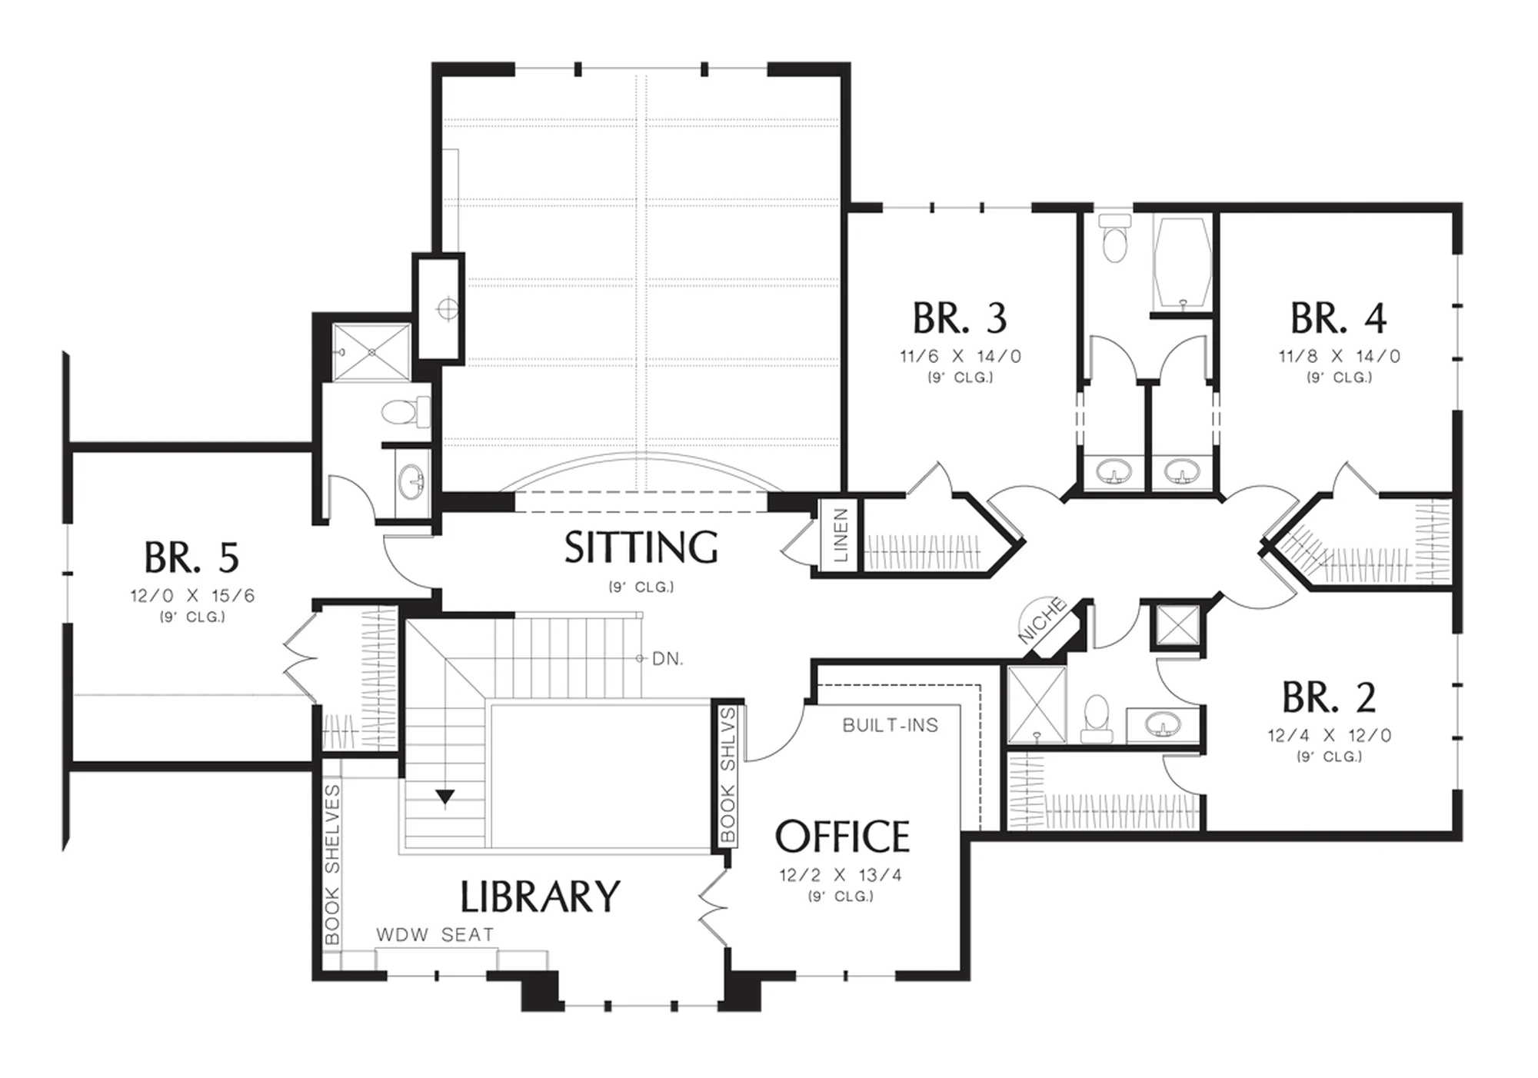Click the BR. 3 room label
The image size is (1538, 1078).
pos(960,318)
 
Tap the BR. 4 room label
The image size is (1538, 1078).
pos(1338,318)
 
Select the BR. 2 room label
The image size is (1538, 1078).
pos(1329,697)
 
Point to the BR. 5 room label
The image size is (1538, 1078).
pos(191,557)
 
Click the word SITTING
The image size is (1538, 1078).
pos(641,547)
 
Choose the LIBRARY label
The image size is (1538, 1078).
pos(540,897)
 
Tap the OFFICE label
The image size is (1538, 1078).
pos(842,837)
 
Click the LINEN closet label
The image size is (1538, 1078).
pos(841,535)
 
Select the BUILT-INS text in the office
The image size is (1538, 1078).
pos(891,725)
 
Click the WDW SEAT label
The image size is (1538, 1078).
pos(435,934)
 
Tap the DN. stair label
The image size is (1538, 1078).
pos(667,659)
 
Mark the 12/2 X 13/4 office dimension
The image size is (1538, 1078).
pos(841,875)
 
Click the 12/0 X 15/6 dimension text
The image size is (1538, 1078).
pos(192,596)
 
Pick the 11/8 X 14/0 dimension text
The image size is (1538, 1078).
pos(1340,356)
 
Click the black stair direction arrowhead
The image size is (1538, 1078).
pos(445,797)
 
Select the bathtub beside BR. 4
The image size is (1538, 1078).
pos(1181,264)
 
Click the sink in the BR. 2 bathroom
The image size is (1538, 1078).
pos(1163,724)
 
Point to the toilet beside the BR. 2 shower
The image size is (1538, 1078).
pos(1097,718)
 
